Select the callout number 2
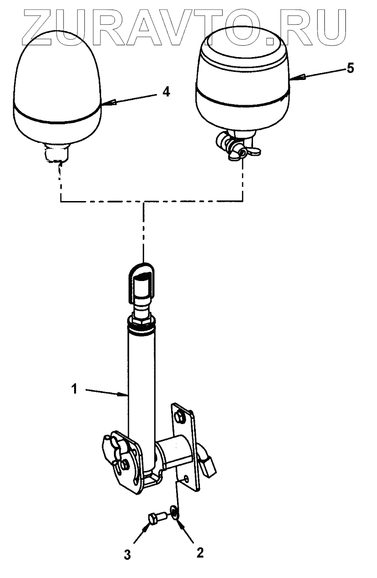pyautogui.click(x=199, y=552)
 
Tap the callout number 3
pyautogui.click(x=128, y=555)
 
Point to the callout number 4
pyautogui.click(x=166, y=92)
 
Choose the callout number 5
pyautogui.click(x=350, y=68)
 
